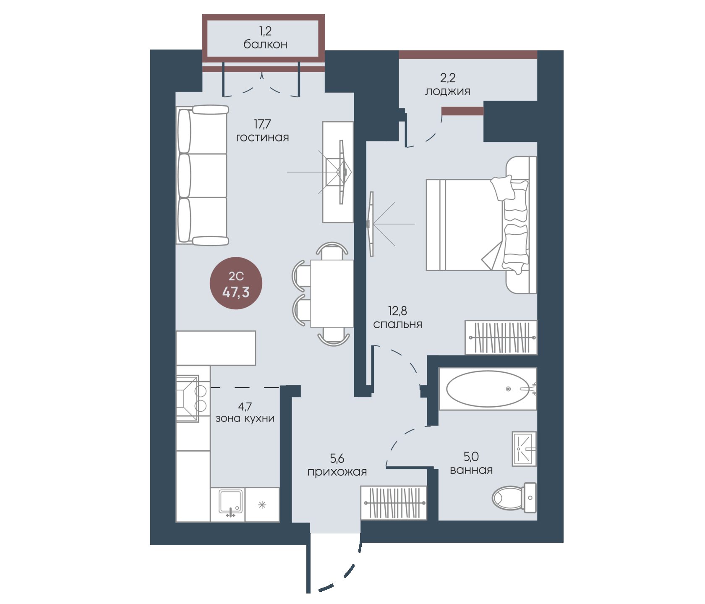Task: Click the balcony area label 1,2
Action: point(265,31)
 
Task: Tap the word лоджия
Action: point(447,92)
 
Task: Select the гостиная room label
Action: point(262,138)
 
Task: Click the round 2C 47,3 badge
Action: point(236,283)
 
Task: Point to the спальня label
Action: point(397,324)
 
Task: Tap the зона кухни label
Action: point(245,418)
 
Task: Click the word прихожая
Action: point(337,472)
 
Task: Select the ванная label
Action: point(471,470)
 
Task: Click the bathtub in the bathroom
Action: point(488,389)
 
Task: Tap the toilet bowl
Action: point(514,498)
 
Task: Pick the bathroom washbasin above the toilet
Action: point(524,449)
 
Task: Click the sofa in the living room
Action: point(202,175)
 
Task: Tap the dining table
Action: point(332,293)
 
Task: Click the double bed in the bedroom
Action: point(481,225)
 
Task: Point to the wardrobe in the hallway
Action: point(394,503)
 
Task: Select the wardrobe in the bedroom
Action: point(501,337)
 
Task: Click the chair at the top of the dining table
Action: point(332,251)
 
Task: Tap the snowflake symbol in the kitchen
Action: point(262,505)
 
